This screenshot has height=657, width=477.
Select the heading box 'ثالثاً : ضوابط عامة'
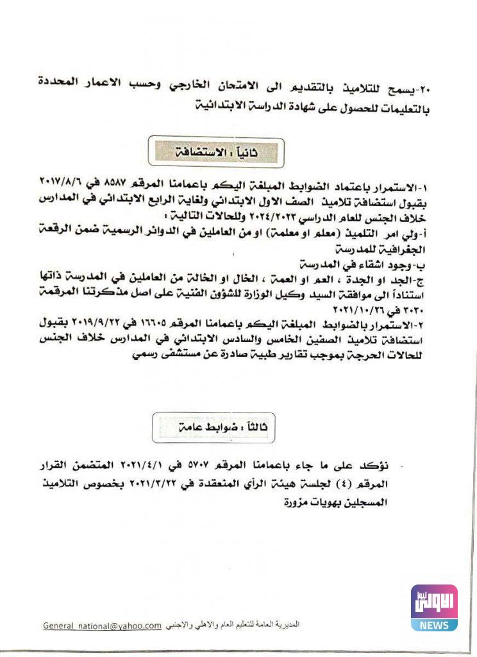(213, 427)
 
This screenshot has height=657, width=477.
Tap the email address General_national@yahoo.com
(102, 626)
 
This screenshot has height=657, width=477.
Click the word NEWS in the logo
(434, 624)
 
